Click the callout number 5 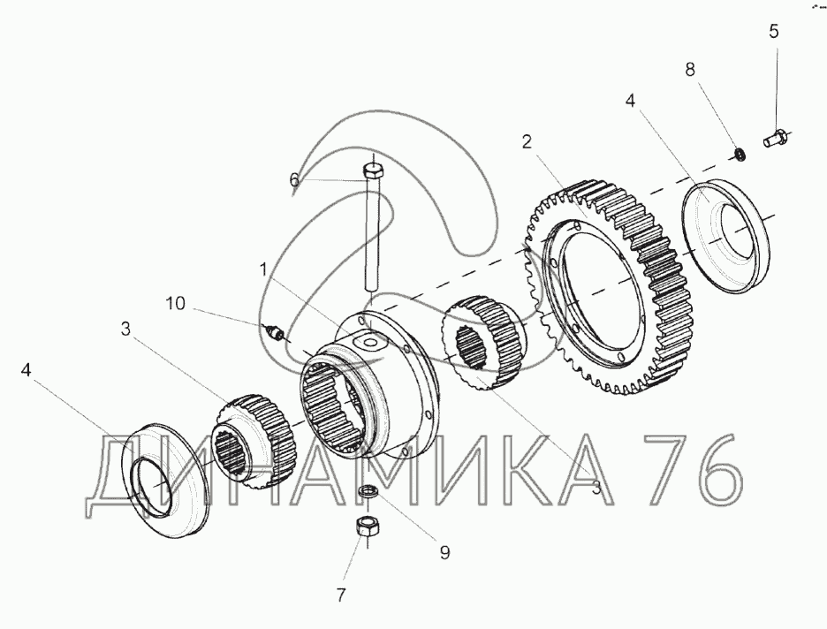(x=773, y=32)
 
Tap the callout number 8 (x=690, y=70)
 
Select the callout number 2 (x=527, y=142)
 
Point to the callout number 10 (x=176, y=304)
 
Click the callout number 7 (x=341, y=595)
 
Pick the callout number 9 (x=444, y=552)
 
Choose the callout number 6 (x=294, y=180)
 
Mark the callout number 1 (x=263, y=270)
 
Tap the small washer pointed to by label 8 (x=740, y=155)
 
